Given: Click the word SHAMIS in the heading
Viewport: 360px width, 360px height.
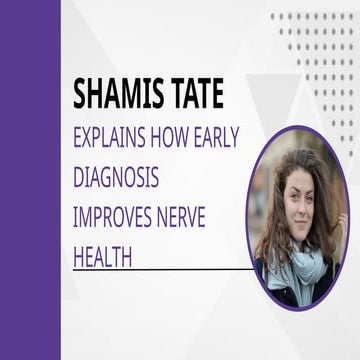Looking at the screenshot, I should pos(121,94).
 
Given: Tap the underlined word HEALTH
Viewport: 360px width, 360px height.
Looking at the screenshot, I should pos(104,257).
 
